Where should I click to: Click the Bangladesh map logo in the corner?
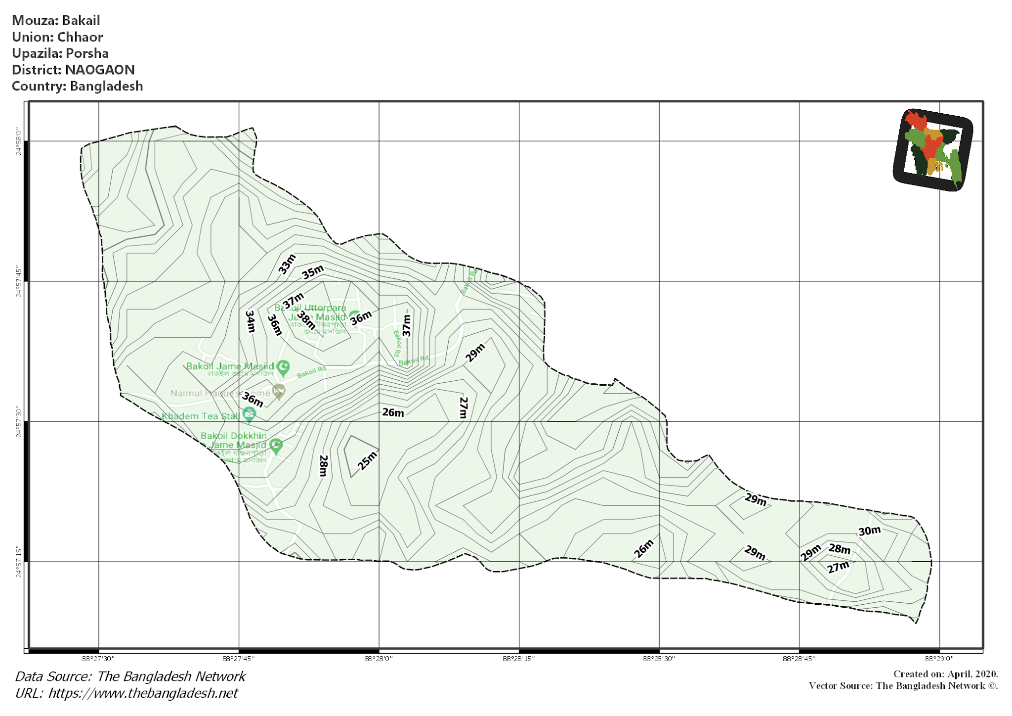[933, 149]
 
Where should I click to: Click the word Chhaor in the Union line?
[80, 37]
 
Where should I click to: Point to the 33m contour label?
[287, 264]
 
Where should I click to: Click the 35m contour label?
[313, 271]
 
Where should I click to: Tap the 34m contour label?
[251, 321]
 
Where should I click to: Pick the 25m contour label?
[367, 461]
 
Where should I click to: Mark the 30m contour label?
[869, 531]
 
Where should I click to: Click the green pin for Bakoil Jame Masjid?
[283, 367]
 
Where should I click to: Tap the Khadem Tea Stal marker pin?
[250, 414]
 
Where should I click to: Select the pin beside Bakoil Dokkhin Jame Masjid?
[276, 446]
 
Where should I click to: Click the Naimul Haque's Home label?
[220, 393]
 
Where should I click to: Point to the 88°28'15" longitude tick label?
[519, 659]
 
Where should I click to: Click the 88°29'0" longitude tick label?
[939, 659]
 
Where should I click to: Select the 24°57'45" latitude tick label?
[19, 282]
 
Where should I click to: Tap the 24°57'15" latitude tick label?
[19, 562]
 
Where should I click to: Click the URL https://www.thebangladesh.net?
[143, 693]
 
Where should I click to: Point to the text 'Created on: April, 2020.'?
[945, 674]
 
